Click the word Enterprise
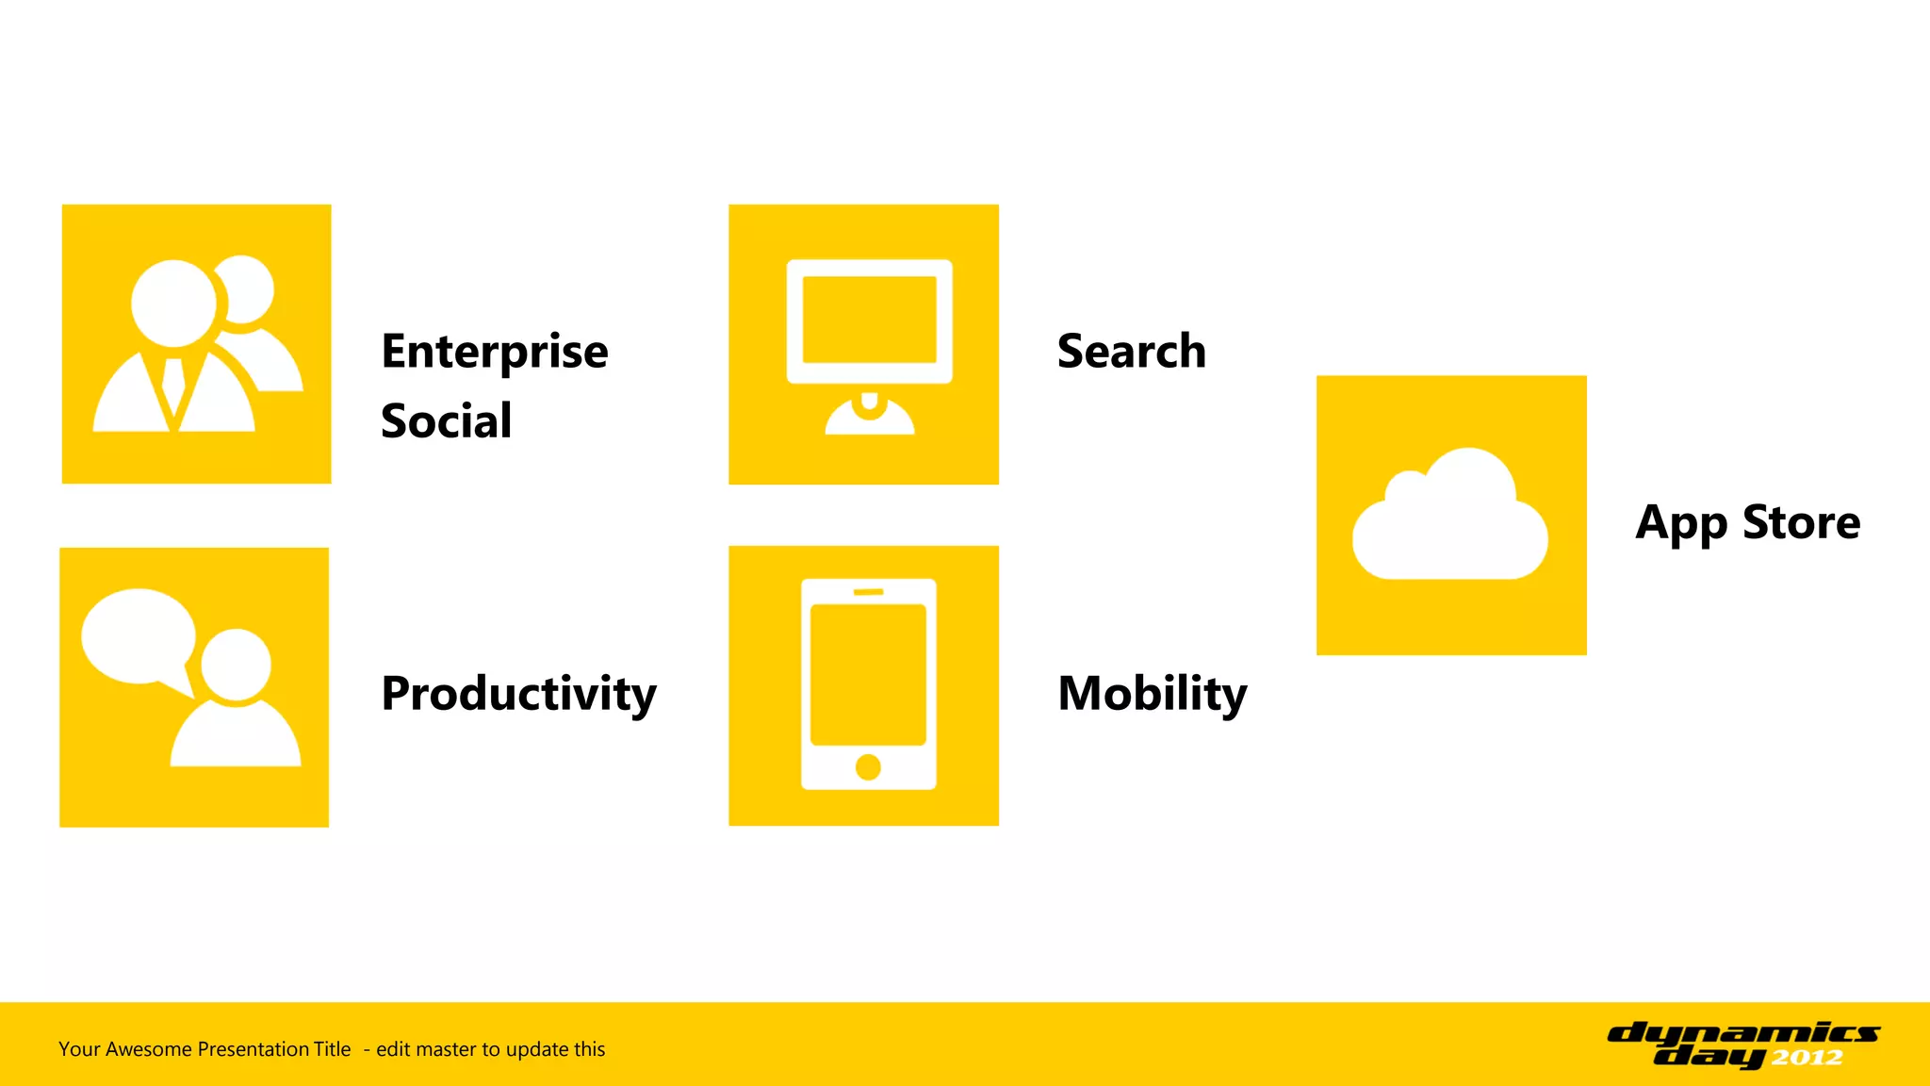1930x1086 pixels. pos(495,353)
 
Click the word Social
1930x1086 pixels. pos(446,421)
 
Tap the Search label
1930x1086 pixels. pos(1131,352)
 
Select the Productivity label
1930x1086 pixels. pos(518,695)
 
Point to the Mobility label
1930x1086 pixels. pos(1152,695)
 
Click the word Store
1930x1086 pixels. pos(1801,522)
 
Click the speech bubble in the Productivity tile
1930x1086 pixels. pos(138,635)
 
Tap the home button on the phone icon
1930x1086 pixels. pos(868,767)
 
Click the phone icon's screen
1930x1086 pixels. pos(868,675)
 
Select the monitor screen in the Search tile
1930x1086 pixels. pos(869,320)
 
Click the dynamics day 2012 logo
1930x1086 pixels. pos(1743,1045)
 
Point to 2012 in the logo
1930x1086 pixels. pos(1807,1058)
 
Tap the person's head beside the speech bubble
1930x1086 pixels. pos(236,665)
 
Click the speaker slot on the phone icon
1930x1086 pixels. pos(868,592)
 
